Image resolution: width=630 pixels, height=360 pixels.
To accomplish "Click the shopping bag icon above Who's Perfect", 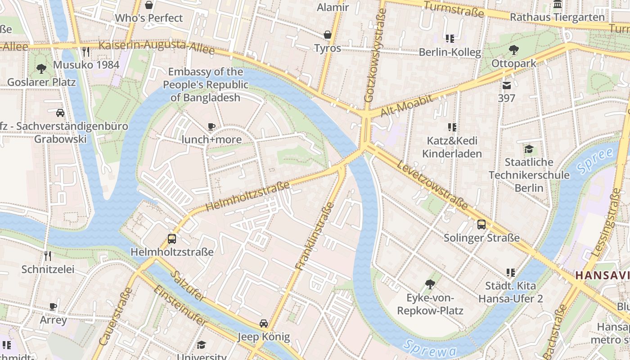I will click(149, 5).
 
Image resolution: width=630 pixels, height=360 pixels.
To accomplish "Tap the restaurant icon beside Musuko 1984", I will click(86, 52).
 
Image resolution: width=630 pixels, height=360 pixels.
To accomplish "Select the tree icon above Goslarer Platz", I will click(41, 69).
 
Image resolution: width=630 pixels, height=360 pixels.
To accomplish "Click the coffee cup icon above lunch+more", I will click(211, 127).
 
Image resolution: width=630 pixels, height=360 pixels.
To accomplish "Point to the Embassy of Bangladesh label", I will click(205, 85).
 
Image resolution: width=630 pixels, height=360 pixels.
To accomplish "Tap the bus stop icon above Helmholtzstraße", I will click(171, 239).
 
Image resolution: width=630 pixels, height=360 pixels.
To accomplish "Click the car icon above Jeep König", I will click(264, 323).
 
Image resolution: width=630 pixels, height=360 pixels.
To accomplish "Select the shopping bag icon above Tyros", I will click(328, 35).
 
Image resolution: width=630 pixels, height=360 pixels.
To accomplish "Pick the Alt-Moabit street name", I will click(406, 106).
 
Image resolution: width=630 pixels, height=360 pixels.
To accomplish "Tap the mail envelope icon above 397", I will click(507, 85).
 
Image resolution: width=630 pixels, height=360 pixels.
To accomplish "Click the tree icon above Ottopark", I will click(513, 50).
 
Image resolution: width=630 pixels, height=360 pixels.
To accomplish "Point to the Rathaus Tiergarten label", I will click(557, 17).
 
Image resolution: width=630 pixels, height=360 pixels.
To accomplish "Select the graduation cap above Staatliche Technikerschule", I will click(529, 149).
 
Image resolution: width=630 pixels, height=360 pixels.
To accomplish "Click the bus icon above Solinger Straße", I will click(481, 224).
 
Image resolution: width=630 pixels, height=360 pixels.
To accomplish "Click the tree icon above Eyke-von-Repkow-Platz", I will click(430, 284).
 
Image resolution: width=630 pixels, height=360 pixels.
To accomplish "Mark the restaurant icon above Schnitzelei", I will click(48, 256).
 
